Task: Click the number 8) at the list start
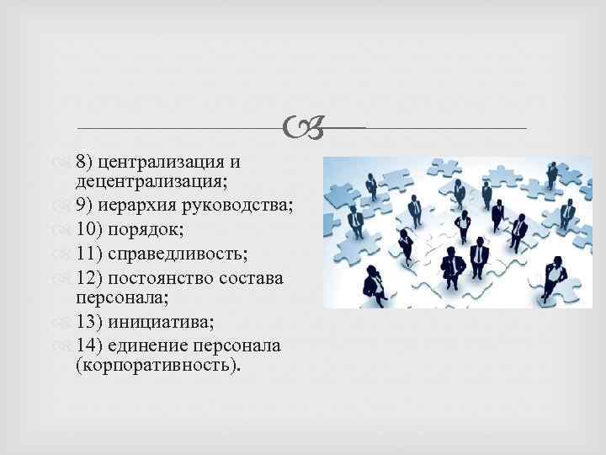83,161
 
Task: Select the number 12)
88,278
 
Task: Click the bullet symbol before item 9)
67,204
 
